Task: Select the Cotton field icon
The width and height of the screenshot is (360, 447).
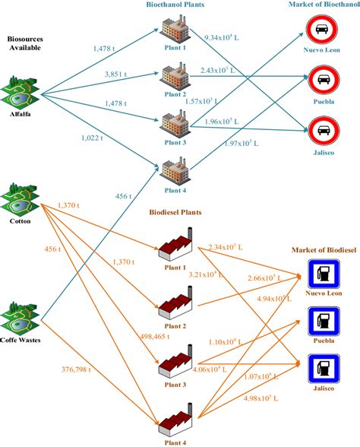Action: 23,198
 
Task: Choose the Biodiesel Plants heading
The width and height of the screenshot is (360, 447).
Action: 175,213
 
